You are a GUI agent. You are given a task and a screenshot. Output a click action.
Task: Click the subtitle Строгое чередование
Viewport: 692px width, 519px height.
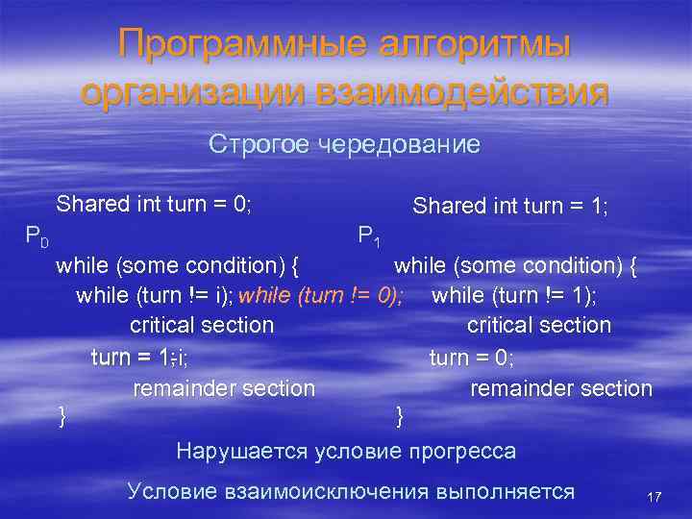point(344,145)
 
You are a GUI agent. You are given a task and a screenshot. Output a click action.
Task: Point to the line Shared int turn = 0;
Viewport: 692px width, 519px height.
point(154,204)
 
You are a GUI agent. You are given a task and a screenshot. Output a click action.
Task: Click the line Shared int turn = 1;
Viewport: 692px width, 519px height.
point(510,207)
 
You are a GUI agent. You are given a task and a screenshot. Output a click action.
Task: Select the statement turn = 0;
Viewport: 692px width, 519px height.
point(471,358)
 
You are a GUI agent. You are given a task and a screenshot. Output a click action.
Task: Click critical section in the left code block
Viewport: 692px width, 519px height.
point(202,326)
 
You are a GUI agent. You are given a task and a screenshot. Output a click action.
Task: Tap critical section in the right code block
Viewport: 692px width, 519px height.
point(538,326)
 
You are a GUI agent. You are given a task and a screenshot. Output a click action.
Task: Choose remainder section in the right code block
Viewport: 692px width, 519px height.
point(560,388)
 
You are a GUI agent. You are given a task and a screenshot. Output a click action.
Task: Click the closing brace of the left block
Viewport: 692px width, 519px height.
point(62,416)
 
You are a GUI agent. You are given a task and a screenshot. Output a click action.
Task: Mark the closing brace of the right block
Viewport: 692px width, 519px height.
point(400,416)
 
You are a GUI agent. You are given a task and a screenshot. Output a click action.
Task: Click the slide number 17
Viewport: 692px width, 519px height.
point(655,497)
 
